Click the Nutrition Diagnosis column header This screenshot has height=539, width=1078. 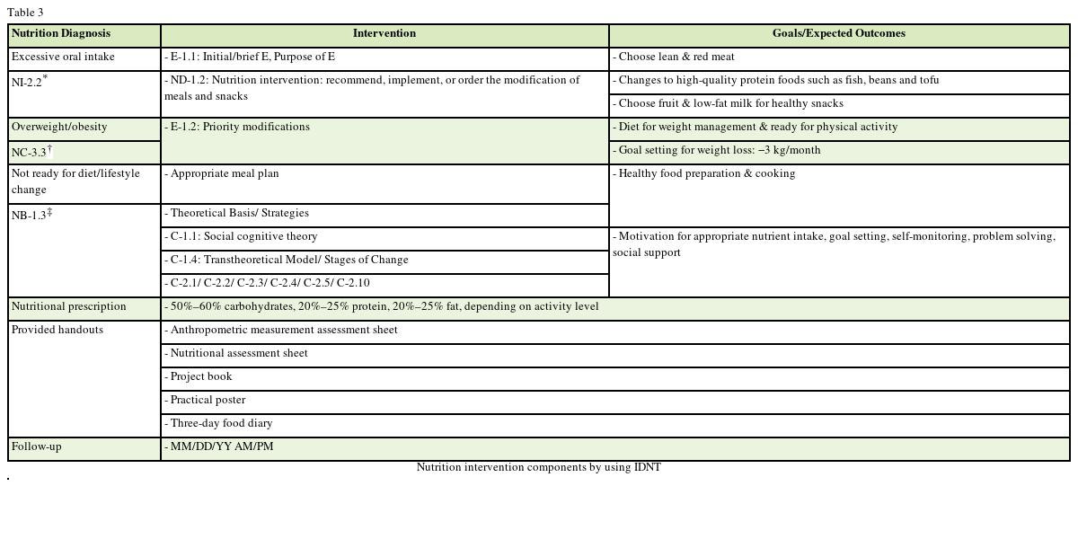tap(61, 34)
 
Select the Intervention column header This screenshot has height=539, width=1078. tap(384, 34)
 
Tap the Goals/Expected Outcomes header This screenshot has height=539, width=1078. tap(839, 34)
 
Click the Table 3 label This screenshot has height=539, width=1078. tap(25, 13)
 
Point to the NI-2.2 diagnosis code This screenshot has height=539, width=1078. tap(30, 82)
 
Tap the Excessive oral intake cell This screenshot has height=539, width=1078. tap(63, 57)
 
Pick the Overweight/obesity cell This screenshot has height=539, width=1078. tap(59, 128)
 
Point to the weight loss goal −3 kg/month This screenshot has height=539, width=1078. tap(719, 151)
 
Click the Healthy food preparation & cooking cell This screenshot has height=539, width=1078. tap(706, 174)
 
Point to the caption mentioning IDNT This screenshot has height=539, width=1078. tap(538, 468)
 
